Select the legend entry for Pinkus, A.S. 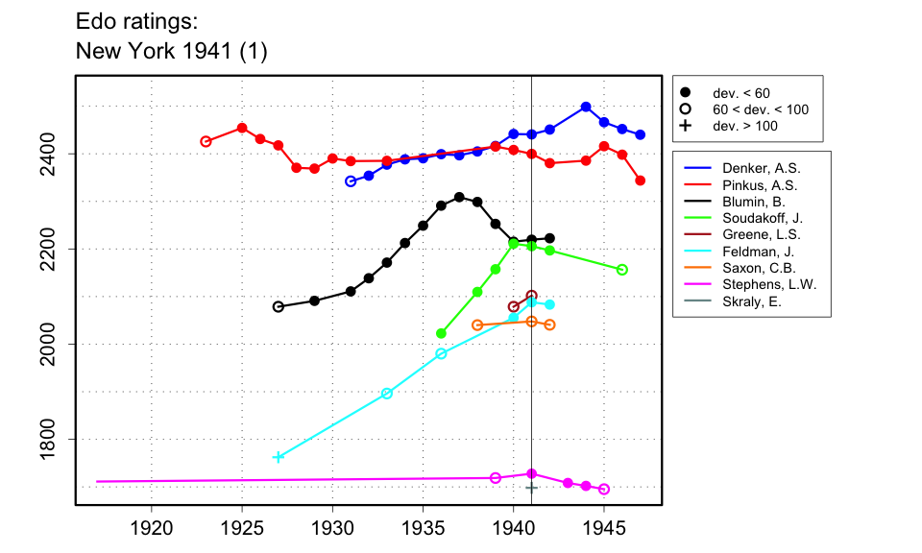(750, 184)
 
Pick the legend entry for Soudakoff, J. (755, 218)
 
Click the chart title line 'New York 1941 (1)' (171, 52)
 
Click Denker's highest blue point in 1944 (586, 107)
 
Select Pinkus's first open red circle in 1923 (206, 141)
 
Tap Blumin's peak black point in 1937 (459, 197)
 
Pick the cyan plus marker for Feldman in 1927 (279, 457)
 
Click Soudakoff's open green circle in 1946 (622, 270)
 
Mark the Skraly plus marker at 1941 (531, 488)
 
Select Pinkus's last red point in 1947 (641, 180)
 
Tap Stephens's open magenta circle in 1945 (604, 489)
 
